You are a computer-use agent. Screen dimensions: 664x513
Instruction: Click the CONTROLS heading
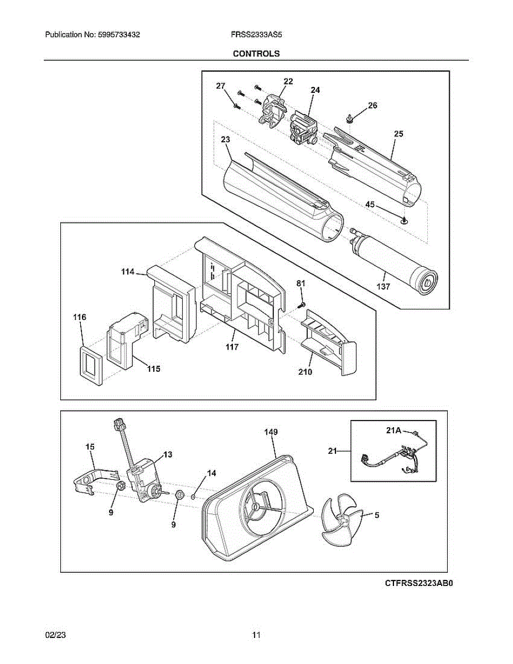[x=256, y=54]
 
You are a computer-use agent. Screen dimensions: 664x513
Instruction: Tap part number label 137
[x=383, y=287]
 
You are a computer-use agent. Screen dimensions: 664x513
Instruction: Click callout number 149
[x=271, y=432]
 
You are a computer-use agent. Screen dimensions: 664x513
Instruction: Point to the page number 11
[x=256, y=635]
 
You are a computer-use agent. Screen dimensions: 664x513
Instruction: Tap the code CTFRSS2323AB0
[x=419, y=583]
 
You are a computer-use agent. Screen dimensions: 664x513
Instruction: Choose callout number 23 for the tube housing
[x=225, y=140]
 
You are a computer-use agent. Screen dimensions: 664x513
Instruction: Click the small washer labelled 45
[x=405, y=220]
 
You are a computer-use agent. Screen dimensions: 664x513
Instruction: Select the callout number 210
[x=305, y=372]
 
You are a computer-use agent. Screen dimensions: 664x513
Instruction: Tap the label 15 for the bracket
[x=90, y=445]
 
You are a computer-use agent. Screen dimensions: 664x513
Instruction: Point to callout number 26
[x=372, y=105]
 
